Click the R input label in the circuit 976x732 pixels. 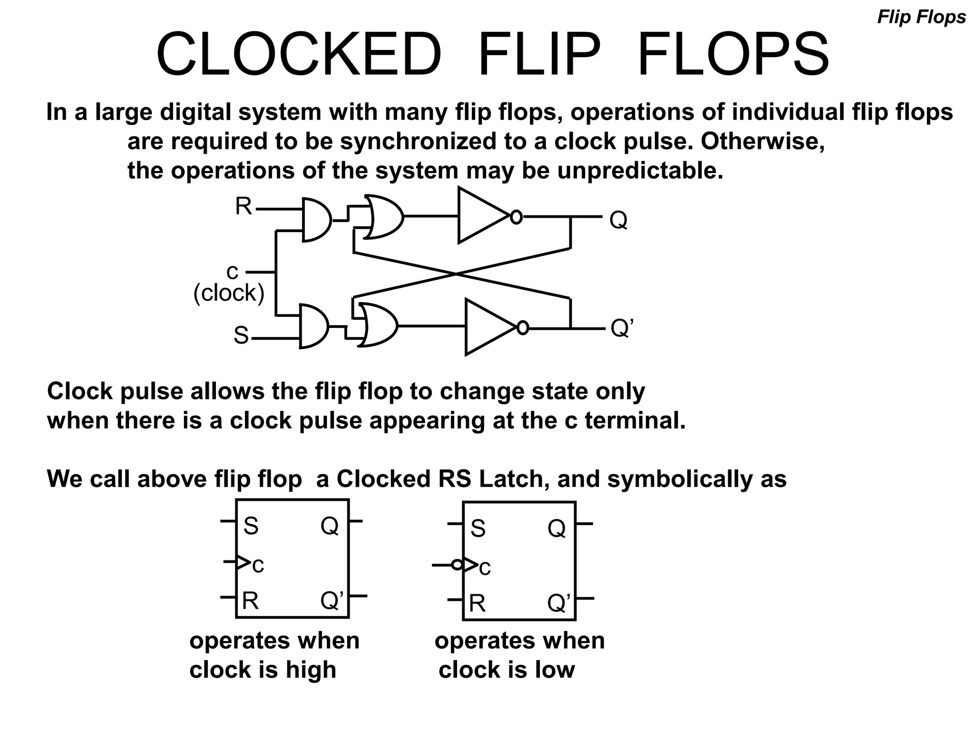point(244,207)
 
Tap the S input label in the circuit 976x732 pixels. point(241,335)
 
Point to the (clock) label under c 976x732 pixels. point(229,293)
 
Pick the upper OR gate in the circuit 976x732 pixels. point(384,217)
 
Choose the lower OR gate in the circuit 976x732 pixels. point(379,325)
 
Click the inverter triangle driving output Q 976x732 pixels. point(479,216)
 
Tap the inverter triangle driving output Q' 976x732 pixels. point(486,327)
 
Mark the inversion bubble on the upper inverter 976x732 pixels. point(516,217)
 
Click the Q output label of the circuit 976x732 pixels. point(618,220)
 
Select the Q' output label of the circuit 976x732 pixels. point(622,328)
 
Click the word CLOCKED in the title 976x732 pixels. point(299,54)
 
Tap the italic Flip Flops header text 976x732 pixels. point(921,18)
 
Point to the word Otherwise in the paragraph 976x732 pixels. point(762,142)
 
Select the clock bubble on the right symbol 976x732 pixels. point(457,565)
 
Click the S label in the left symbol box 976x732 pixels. point(251,526)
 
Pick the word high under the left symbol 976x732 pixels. point(311,670)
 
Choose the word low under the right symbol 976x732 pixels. point(555,670)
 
